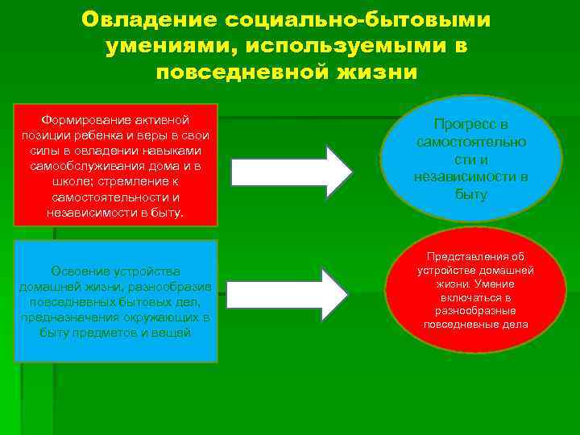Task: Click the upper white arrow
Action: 291,171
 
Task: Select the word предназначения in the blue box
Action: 82,317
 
